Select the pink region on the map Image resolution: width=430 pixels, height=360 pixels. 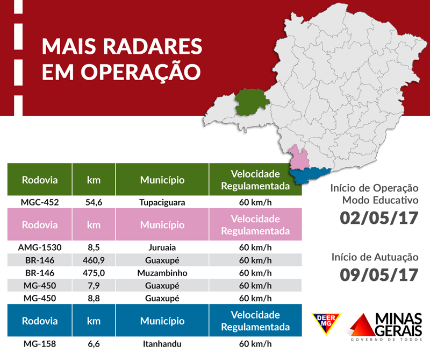[299, 158]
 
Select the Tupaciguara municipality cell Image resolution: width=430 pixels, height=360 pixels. [162, 203]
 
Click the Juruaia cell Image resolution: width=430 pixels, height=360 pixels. [162, 249]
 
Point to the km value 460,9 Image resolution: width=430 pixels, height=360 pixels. [94, 260]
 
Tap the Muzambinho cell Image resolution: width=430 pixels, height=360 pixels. [162, 273]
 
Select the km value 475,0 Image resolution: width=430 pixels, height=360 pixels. [94, 273]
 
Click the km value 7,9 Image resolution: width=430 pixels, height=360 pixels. [94, 285]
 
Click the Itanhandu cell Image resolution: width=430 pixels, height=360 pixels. [162, 344]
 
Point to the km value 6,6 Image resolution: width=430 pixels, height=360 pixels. [94, 344]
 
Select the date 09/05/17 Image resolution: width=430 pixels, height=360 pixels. [379, 274]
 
